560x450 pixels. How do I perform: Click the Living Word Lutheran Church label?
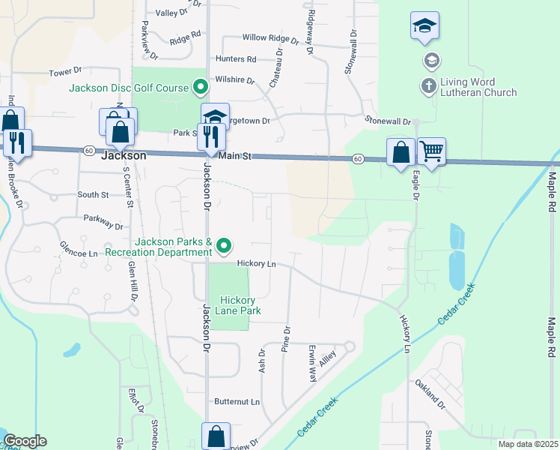click(478, 87)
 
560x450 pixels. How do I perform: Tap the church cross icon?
click(429, 86)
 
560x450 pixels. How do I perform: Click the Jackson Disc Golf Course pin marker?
click(200, 88)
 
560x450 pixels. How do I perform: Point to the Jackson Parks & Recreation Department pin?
click(223, 245)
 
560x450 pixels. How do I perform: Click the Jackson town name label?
click(123, 156)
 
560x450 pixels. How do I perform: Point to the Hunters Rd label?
click(236, 58)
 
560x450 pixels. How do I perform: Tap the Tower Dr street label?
click(64, 72)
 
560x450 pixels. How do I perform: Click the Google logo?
click(25, 441)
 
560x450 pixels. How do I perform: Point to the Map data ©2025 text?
click(527, 444)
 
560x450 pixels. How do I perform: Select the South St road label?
click(93, 195)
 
